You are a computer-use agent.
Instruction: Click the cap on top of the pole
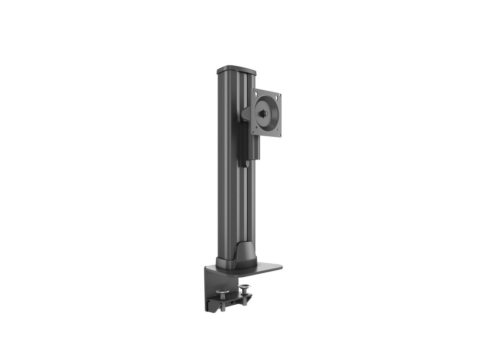tap(236, 70)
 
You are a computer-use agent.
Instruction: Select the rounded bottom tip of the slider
tap(243, 163)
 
